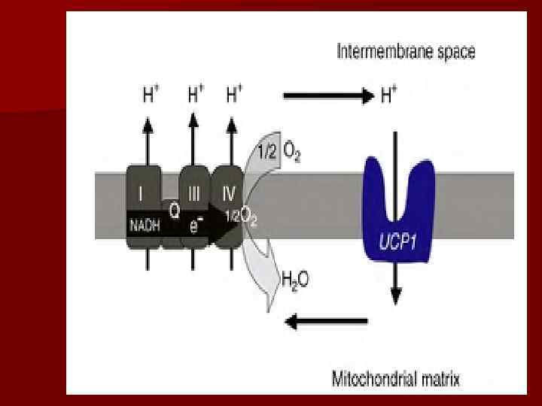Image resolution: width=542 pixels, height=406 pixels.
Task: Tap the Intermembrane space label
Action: point(405,53)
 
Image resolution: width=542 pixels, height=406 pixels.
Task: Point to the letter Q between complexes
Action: point(173,211)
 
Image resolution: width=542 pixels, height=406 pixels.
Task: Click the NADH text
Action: point(145,223)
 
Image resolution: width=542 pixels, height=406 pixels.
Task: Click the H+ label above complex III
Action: point(195,96)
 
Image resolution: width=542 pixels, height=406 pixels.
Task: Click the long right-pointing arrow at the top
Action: point(328,96)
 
